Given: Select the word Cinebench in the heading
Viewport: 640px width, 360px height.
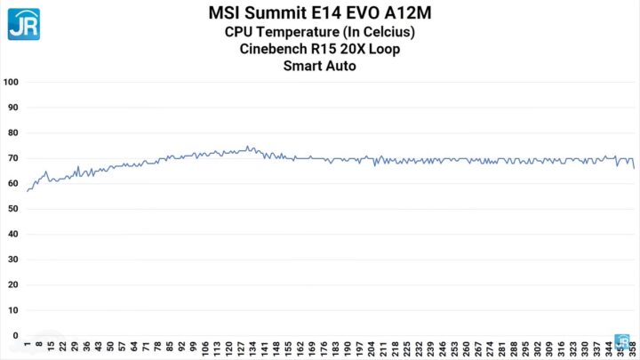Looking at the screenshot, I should point(277,49).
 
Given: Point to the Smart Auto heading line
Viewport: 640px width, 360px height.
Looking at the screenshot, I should point(319,66).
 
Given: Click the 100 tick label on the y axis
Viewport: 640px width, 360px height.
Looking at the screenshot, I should point(12,82).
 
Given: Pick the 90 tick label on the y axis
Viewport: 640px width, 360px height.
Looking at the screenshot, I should point(13,108).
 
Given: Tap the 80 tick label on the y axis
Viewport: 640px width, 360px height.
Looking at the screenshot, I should point(13,132).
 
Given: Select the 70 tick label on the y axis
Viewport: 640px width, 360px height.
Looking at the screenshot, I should point(13,158).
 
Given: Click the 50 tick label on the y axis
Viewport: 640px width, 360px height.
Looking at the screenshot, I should point(13,209).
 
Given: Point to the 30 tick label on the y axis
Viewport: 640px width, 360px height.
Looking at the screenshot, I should point(13,260).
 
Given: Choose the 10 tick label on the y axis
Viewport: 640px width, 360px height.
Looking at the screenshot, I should point(13,310).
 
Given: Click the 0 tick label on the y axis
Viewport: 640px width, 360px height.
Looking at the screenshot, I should point(16,335).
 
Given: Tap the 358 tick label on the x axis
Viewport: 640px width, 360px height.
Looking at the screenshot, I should point(634,347).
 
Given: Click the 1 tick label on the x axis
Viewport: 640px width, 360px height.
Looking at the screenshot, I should point(28,343).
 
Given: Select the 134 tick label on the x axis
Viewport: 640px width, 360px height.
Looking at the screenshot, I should point(252,347).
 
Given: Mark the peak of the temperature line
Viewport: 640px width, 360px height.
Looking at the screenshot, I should point(248,147).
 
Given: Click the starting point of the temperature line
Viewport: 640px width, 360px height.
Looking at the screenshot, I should point(27,191).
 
